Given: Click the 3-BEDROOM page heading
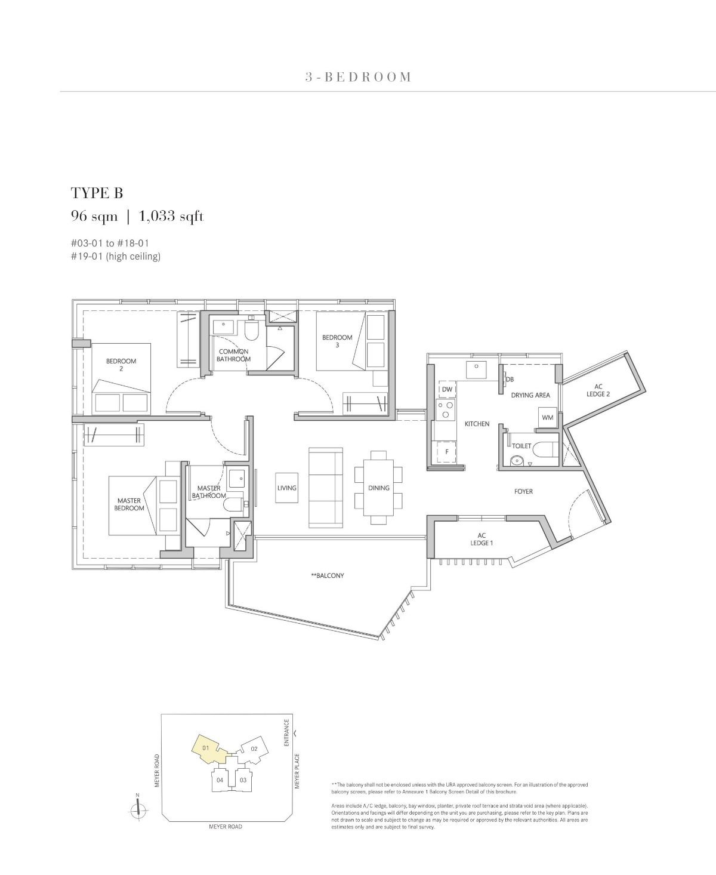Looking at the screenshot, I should (x=358, y=77).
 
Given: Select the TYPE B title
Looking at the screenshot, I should (x=97, y=193).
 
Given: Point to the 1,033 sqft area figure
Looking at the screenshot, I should (x=171, y=216).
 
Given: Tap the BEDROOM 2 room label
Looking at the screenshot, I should (x=121, y=365).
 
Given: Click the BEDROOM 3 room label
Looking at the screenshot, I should (x=337, y=341).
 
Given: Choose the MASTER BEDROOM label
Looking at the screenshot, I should (x=130, y=504).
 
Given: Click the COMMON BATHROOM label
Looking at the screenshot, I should (x=233, y=355).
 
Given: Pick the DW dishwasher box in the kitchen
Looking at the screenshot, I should (x=447, y=390).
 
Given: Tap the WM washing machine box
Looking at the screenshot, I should (x=547, y=418).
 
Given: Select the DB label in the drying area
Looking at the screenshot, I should (x=510, y=379).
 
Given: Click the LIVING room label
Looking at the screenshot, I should (x=286, y=488).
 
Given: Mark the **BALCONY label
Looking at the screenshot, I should (x=328, y=576).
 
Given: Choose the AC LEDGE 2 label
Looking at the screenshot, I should (x=598, y=390).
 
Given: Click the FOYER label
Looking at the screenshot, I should (x=523, y=491).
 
